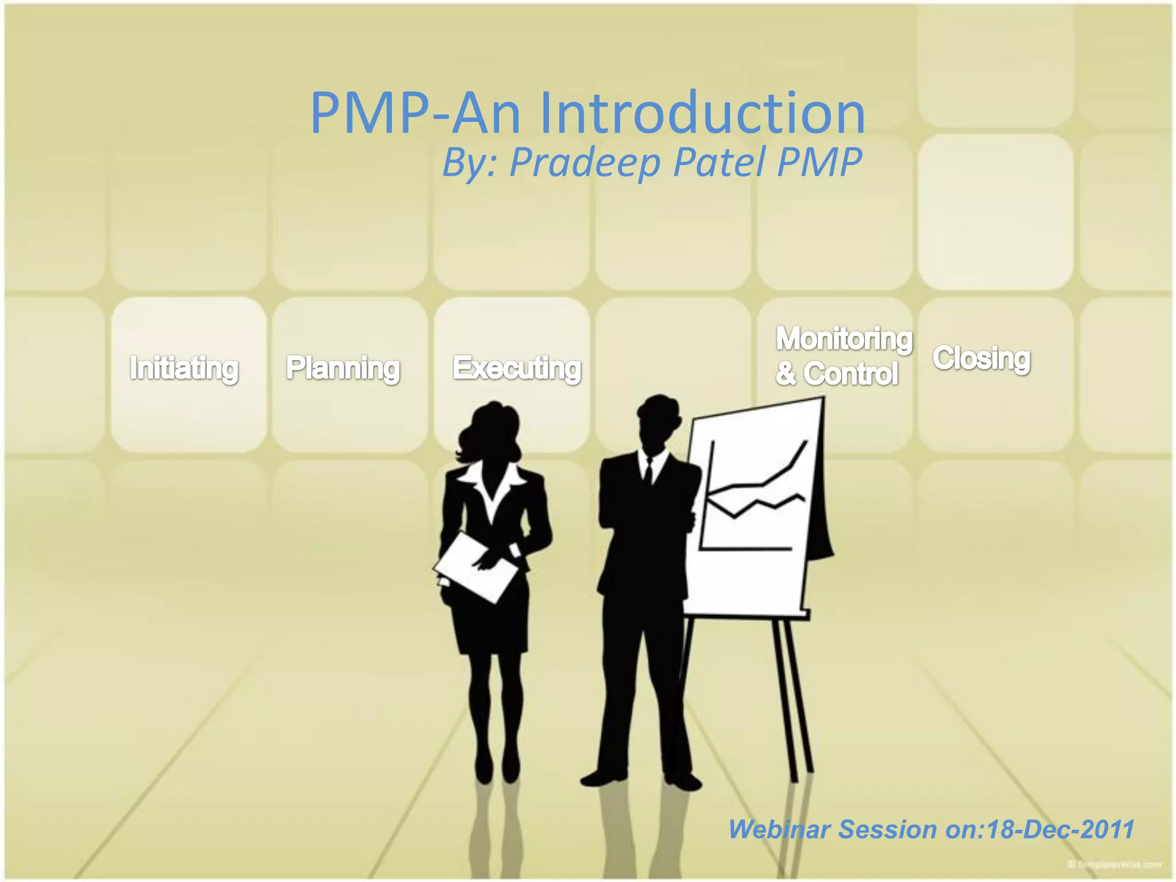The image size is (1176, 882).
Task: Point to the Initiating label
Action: (184, 368)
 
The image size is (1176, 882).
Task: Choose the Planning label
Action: (343, 368)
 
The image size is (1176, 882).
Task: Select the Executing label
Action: (517, 368)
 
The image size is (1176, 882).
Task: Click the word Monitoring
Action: (844, 338)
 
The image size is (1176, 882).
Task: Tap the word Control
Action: (850, 374)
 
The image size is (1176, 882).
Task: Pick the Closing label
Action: (981, 358)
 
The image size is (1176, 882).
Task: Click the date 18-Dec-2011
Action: (1060, 830)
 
